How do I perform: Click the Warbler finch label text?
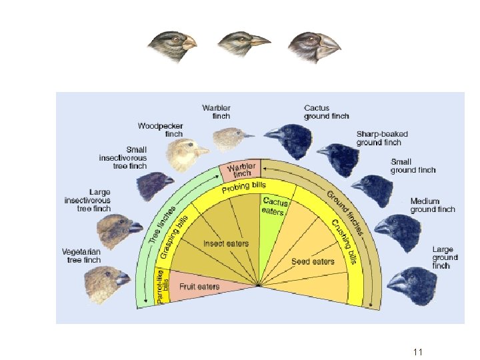[217, 111]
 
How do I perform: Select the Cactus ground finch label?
[326, 111]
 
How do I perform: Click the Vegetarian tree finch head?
[103, 279]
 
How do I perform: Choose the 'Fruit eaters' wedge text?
[199, 287]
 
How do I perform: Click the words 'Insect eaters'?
[225, 243]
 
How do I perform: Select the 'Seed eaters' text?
[313, 261]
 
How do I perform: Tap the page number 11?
[418, 351]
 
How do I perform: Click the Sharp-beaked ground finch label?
[382, 138]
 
